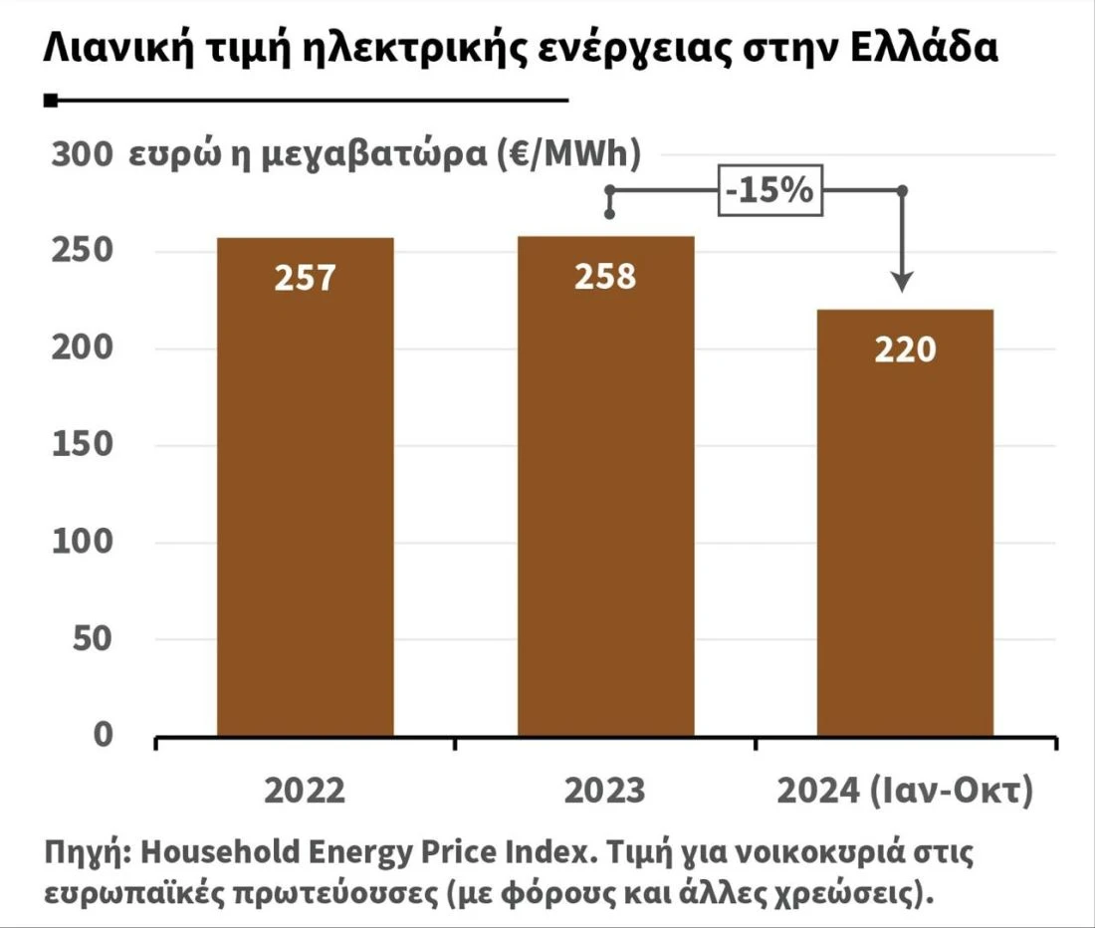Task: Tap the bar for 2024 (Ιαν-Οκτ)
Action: tap(905, 528)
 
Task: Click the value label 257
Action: tap(306, 278)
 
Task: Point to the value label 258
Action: tap(605, 276)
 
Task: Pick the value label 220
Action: tap(905, 349)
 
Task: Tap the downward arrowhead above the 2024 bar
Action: tap(902, 281)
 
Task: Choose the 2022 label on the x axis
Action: tap(305, 792)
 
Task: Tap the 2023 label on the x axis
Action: tap(605, 792)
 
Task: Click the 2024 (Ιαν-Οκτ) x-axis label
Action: tap(905, 792)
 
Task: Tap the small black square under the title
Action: tap(51, 101)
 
